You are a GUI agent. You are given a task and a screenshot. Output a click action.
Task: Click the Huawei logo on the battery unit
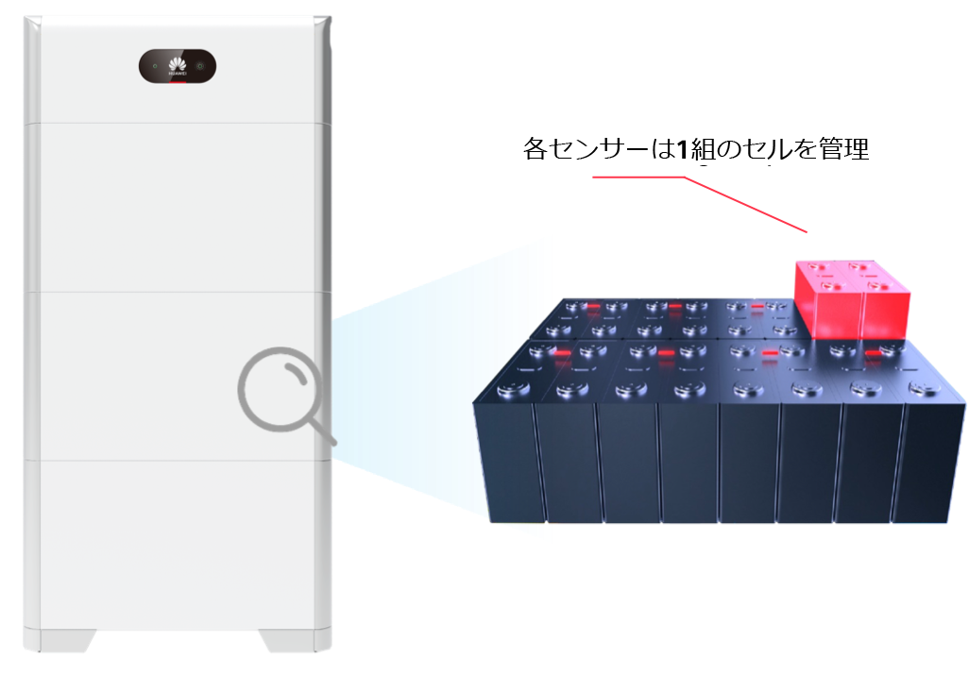click(x=178, y=64)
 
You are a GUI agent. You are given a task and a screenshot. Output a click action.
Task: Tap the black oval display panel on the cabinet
click(x=178, y=66)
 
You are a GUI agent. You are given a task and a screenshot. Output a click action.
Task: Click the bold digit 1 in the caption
click(x=682, y=149)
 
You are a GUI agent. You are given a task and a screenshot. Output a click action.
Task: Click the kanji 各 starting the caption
click(x=535, y=149)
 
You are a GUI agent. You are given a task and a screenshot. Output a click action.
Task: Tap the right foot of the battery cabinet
click(x=287, y=641)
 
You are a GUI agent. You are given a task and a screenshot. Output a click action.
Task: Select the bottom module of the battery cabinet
click(x=178, y=545)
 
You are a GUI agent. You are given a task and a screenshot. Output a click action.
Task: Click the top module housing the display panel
click(x=178, y=70)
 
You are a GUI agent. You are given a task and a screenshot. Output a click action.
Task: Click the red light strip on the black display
click(x=178, y=81)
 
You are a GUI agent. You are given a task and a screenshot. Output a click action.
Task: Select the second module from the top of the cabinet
click(x=178, y=208)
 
